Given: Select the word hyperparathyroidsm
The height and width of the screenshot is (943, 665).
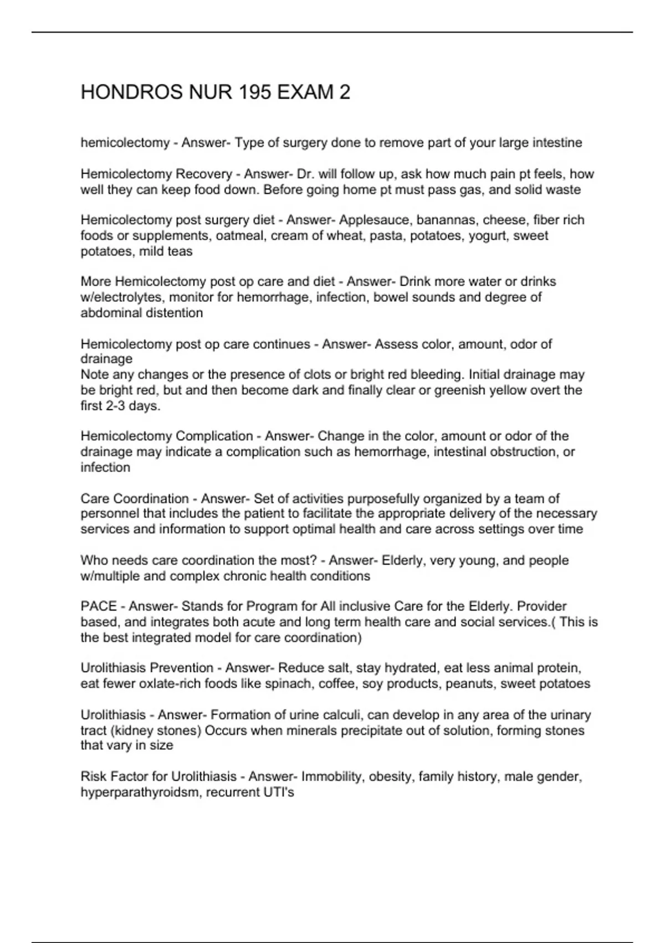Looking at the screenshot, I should click(139, 792).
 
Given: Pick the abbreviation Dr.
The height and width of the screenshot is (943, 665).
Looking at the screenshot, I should click(305, 174).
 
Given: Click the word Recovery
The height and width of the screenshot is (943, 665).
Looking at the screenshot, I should click(203, 174).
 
